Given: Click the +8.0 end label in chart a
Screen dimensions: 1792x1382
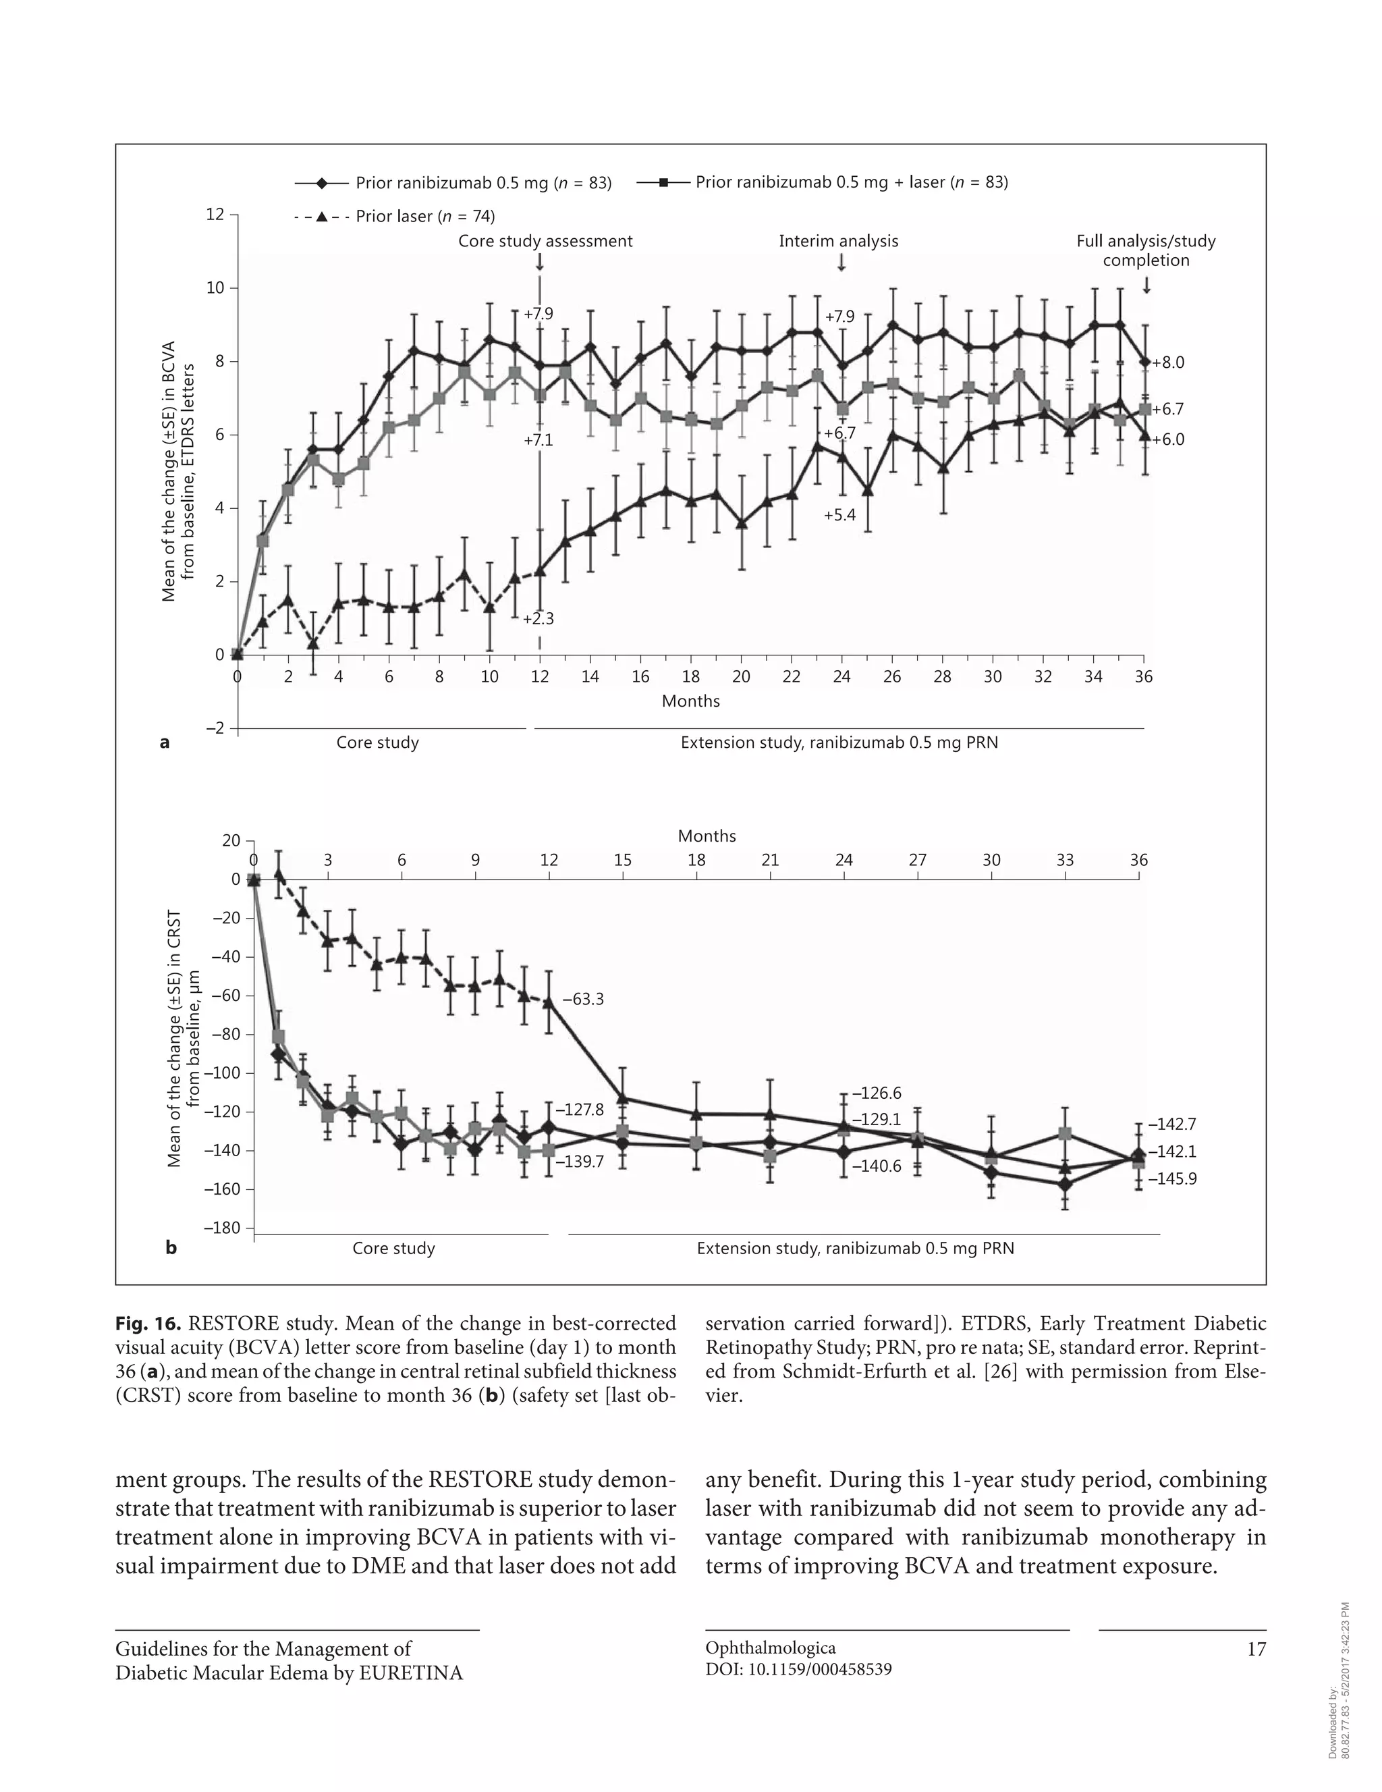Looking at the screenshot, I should click(x=1169, y=362).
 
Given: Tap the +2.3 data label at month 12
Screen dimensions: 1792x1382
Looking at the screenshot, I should click(x=539, y=619).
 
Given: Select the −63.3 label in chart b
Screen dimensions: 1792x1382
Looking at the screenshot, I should click(x=583, y=1000).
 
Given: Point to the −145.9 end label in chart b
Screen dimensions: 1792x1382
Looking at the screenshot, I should click(x=1172, y=1179).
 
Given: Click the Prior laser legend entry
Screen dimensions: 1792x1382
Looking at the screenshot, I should click(x=393, y=217).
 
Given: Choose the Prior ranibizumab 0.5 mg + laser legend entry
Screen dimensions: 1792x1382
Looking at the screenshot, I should click(x=822, y=182).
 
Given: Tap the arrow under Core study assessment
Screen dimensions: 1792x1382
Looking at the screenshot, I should click(x=540, y=262).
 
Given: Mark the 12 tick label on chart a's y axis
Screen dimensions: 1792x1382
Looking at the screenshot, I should click(x=215, y=214).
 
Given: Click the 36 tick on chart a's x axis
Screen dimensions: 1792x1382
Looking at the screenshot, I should click(x=1143, y=677).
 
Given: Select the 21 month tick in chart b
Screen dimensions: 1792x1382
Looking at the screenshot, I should click(x=770, y=860).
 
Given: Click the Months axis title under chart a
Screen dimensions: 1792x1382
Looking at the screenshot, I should click(x=690, y=701).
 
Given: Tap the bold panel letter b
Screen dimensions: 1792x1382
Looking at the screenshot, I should click(x=171, y=1248).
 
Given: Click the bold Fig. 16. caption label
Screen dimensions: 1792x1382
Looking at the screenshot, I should click(x=148, y=1324).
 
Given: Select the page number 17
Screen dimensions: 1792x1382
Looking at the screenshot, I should click(x=1256, y=1649).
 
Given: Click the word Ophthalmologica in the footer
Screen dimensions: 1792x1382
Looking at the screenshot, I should click(x=770, y=1648).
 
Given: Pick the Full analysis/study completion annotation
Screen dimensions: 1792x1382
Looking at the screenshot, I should click(x=1146, y=250).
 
